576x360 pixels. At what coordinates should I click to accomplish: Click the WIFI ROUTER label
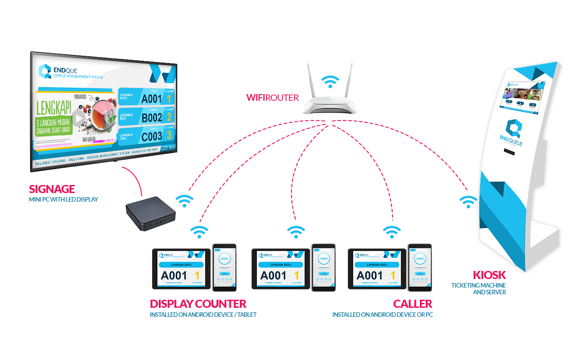point(272,97)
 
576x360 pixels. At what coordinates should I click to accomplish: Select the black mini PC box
point(150,215)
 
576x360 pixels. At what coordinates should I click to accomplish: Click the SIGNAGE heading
point(52,189)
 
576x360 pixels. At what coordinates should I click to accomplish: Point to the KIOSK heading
point(489,275)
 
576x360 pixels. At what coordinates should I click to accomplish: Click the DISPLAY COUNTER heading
point(198,303)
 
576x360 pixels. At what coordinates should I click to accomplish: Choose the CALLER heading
point(412,303)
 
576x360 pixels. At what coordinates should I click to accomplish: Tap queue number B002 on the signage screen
point(151,117)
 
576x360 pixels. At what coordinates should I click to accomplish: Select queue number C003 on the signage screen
point(151,135)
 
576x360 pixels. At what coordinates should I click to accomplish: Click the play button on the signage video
point(79,118)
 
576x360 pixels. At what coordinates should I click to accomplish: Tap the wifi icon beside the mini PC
point(184,200)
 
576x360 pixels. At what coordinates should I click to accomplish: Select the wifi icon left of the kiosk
point(468,202)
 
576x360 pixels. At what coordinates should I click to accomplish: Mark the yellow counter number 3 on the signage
point(169,135)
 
